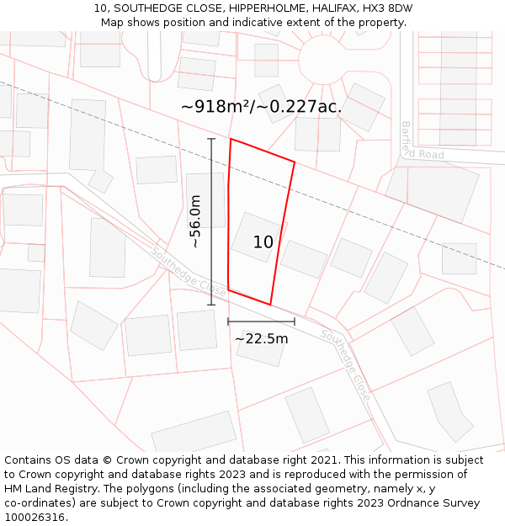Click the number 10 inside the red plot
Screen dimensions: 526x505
[263, 242]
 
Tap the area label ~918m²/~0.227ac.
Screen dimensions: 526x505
[261, 107]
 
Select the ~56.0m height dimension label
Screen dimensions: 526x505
[195, 221]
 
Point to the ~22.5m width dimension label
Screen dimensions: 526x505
[261, 338]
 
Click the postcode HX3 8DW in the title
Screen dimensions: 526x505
[384, 8]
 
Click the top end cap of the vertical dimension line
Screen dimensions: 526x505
[211, 139]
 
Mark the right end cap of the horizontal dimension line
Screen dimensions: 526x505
[295, 321]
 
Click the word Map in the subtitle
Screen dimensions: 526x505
[113, 23]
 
